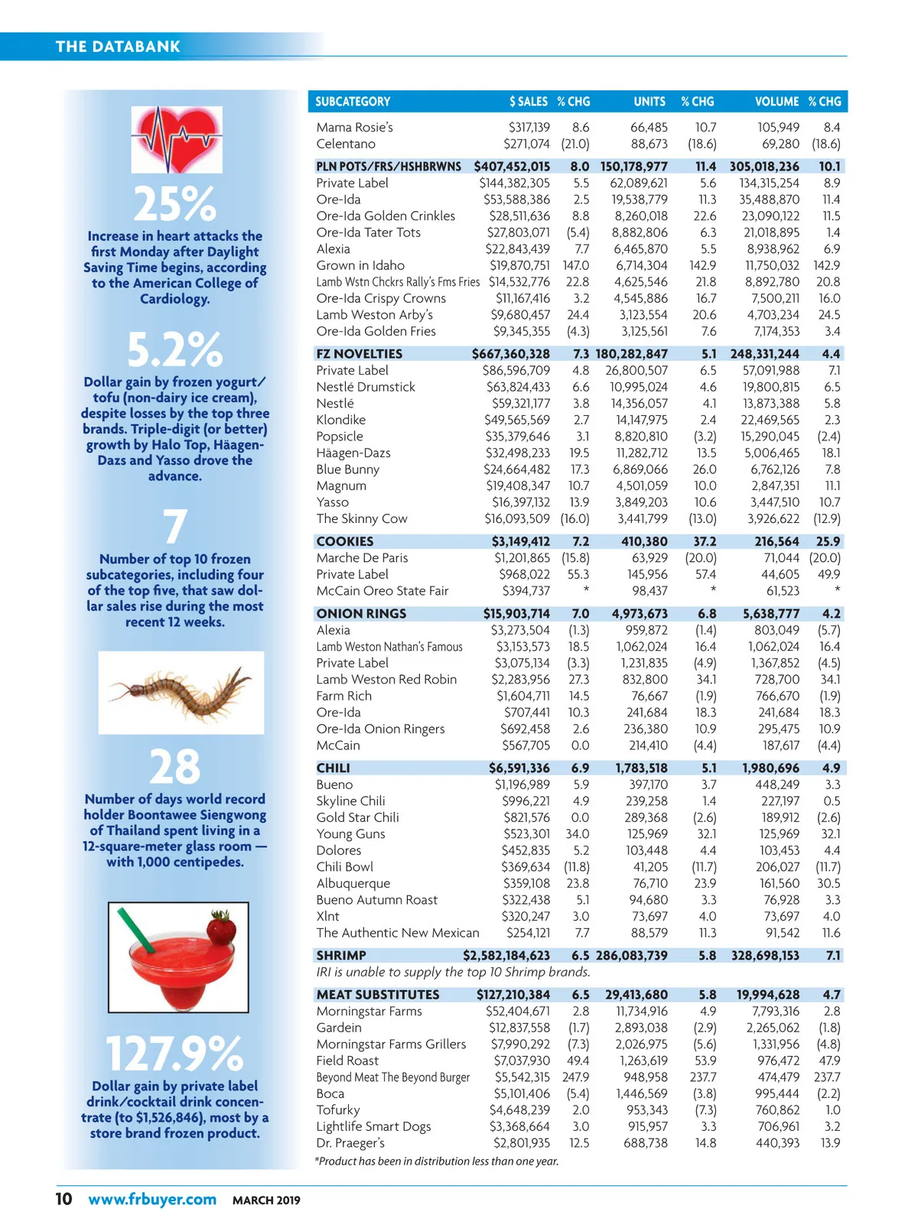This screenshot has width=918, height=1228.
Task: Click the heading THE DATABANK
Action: [x=118, y=47]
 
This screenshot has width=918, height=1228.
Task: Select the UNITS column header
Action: [x=649, y=102]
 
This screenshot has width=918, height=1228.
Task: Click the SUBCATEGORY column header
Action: [x=353, y=102]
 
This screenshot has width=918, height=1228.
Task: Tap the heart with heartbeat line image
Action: [x=177, y=139]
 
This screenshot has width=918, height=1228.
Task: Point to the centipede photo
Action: [x=181, y=692]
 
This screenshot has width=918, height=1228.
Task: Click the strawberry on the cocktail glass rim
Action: [x=223, y=931]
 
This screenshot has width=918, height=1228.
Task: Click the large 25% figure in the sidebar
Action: [x=175, y=204]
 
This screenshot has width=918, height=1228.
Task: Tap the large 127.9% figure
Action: [x=174, y=1053]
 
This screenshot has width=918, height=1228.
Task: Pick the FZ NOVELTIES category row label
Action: [x=359, y=354]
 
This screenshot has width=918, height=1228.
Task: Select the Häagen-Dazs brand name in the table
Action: [x=353, y=453]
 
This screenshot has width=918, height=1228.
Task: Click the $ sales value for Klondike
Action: [x=516, y=420]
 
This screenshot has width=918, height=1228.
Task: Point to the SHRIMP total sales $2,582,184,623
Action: [x=506, y=956]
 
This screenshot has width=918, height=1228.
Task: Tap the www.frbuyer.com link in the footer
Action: [x=152, y=1199]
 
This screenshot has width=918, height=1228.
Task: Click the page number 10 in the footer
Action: [x=63, y=1199]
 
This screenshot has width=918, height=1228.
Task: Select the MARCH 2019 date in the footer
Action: [x=266, y=1200]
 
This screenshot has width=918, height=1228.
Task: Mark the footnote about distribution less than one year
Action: [x=436, y=1161]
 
